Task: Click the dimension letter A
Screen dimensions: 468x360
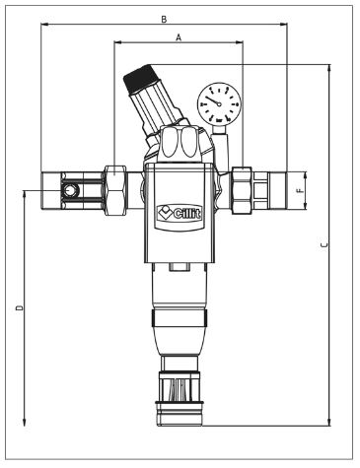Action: click(x=178, y=35)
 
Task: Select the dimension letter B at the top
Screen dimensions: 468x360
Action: click(x=164, y=19)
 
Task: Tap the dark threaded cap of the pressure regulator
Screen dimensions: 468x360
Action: click(x=134, y=75)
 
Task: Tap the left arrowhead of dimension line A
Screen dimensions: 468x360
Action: click(x=118, y=43)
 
